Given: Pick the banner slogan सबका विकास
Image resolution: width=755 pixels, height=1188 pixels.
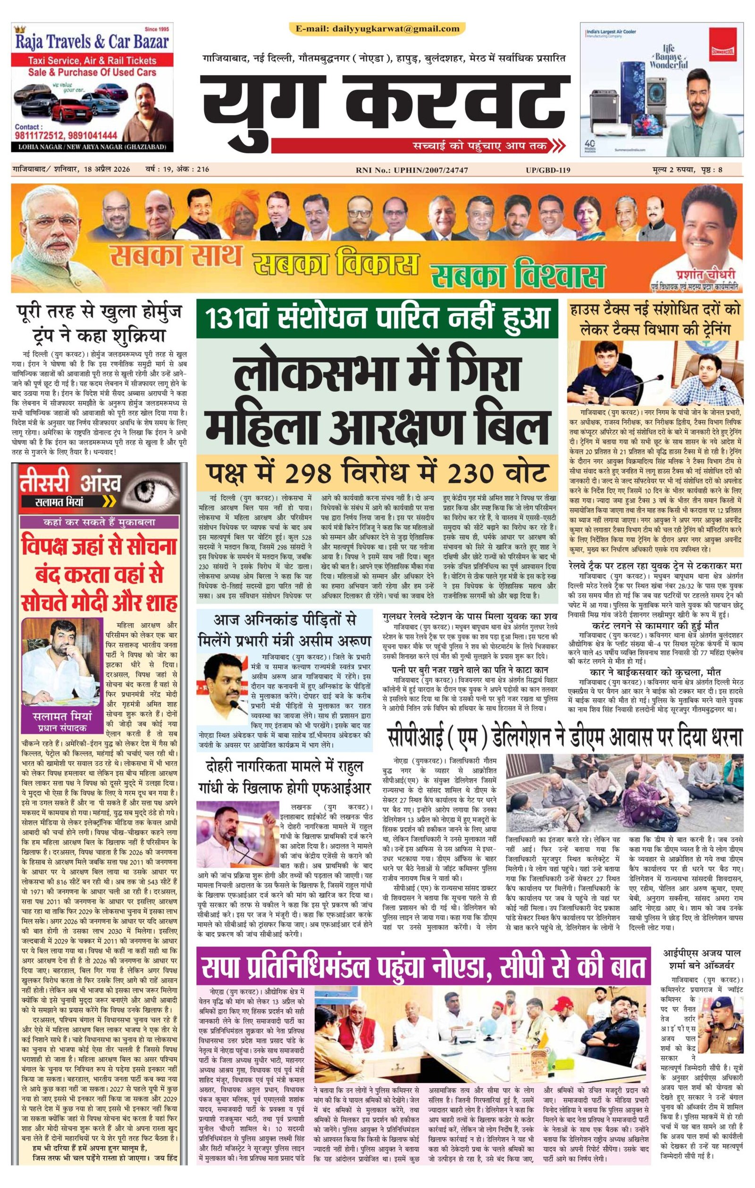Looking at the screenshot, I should (x=334, y=267).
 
